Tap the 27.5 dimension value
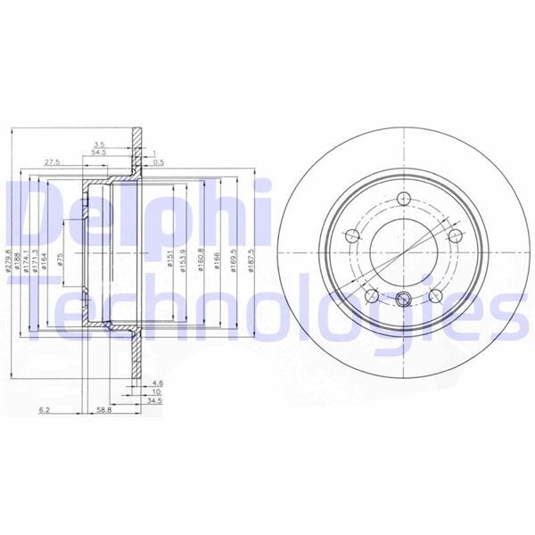(x=52, y=162)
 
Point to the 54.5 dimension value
(x=99, y=153)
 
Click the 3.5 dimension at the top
(x=100, y=143)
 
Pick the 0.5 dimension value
(x=158, y=162)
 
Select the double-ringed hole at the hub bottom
(x=404, y=300)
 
